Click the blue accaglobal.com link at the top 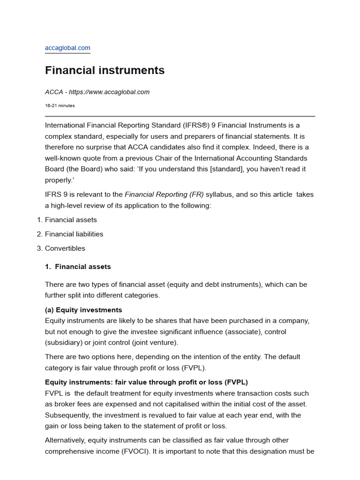click(x=67, y=48)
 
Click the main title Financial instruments click(x=105, y=70)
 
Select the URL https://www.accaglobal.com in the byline click(x=109, y=92)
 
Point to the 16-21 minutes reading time click(x=60, y=105)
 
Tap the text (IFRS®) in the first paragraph click(x=197, y=125)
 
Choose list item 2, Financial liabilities click(x=74, y=234)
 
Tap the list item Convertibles click(x=65, y=248)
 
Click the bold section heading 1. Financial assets click(x=78, y=267)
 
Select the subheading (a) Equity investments click(x=83, y=310)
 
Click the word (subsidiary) click(x=63, y=343)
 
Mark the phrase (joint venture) click(x=156, y=343)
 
